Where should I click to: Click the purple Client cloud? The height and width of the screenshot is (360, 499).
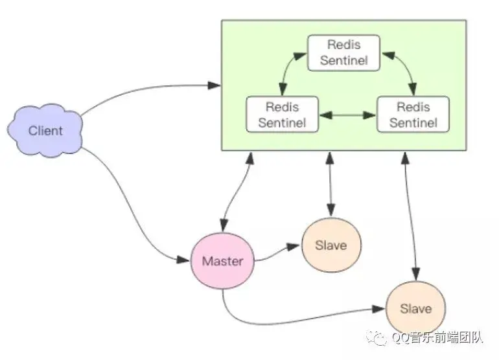45,130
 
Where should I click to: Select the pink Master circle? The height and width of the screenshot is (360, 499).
222,261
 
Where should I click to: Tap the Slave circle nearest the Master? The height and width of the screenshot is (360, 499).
331,245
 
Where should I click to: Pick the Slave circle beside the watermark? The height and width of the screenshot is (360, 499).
415,308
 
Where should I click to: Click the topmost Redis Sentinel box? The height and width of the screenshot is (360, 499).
343,53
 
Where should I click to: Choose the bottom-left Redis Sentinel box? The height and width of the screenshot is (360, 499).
283,115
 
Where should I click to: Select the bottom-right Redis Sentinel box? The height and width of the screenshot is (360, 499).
413,115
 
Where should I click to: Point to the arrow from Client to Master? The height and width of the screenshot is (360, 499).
130,203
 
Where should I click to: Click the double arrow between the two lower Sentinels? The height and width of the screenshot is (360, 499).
347,115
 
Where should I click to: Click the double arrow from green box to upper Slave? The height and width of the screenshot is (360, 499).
331,185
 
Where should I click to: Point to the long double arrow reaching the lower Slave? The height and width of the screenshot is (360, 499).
410,216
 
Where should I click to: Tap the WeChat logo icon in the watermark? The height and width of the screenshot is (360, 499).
377,337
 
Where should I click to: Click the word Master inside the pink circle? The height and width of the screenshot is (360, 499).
222,261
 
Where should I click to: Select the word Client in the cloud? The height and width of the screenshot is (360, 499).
45,131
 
